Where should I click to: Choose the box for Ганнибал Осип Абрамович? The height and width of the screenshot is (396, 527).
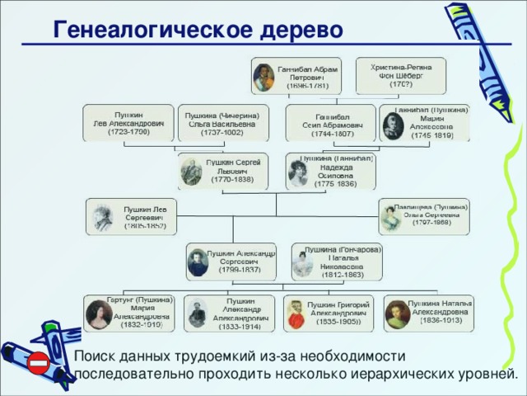330,122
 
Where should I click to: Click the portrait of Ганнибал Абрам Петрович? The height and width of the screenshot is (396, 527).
264,75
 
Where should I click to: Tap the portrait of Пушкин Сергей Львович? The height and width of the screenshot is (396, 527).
192,170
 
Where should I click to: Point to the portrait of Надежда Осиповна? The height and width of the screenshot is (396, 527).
298,172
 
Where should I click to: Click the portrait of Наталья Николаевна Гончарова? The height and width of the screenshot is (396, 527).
304,263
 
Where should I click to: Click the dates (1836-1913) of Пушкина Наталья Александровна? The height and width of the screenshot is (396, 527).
441,322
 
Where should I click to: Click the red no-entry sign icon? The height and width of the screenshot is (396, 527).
39,362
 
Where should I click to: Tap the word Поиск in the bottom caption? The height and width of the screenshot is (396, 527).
95,356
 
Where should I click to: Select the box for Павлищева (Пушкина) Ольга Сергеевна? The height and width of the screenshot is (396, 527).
423,215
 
